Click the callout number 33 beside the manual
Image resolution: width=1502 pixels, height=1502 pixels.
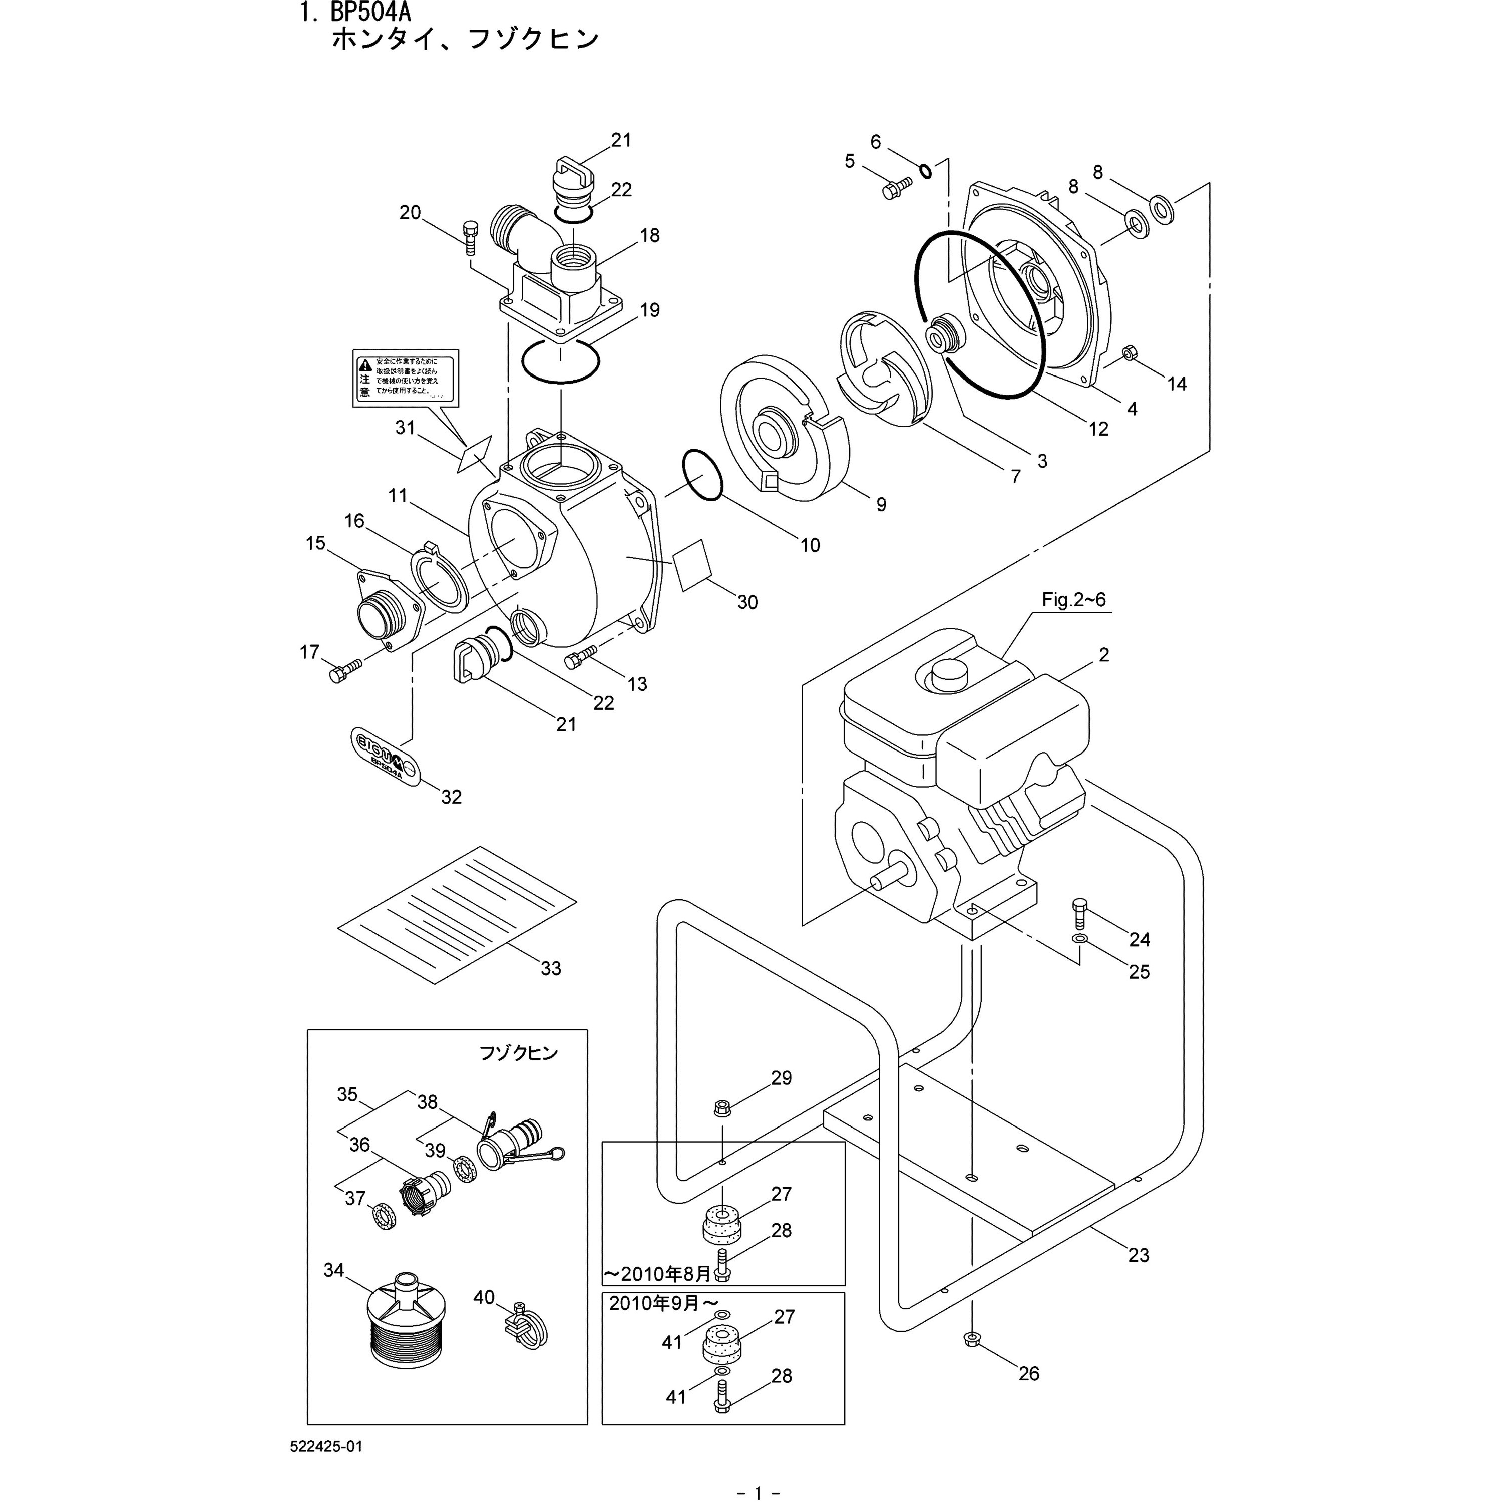(550, 969)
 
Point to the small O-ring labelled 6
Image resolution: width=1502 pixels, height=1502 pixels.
(925, 171)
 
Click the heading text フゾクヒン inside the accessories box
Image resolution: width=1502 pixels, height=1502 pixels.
(518, 1053)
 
